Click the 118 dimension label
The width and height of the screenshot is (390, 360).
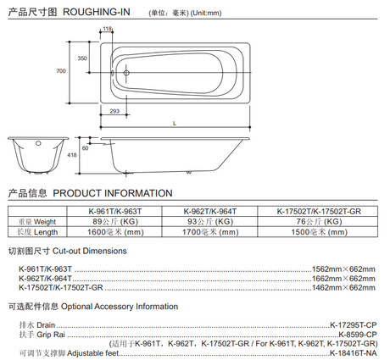pyautogui.click(x=107, y=29)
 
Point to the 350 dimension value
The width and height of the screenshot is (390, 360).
pyautogui.click(x=82, y=58)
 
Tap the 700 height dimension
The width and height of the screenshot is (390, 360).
pyautogui.click(x=61, y=71)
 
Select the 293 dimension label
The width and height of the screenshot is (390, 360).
pyautogui.click(x=114, y=111)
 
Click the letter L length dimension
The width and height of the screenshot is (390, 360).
pyautogui.click(x=175, y=124)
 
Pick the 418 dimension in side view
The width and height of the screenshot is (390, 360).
pyautogui.click(x=72, y=155)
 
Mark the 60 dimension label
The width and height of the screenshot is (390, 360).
pyautogui.click(x=85, y=148)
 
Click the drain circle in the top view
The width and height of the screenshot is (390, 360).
pyautogui.click(x=126, y=73)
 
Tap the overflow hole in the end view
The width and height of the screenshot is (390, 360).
pyautogui.click(x=38, y=143)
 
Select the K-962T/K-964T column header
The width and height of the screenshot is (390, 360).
pyautogui.click(x=210, y=211)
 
